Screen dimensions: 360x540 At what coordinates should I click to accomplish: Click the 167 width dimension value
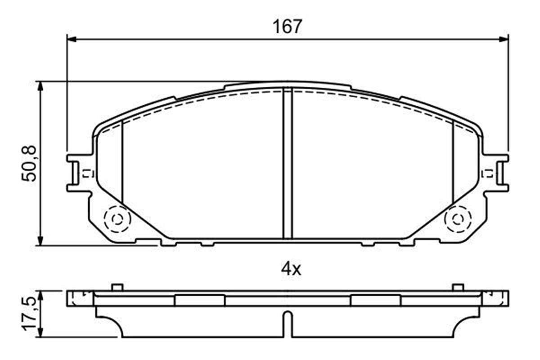(287, 27)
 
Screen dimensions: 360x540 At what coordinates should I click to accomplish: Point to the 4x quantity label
(290, 270)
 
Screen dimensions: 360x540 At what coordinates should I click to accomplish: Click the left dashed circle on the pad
(117, 219)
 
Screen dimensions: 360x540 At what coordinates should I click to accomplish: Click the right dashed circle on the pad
(458, 219)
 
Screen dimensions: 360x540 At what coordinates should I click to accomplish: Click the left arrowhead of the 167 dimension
(72, 39)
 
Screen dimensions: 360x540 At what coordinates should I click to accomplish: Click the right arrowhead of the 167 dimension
(504, 39)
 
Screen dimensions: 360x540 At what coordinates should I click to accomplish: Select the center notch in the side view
(288, 324)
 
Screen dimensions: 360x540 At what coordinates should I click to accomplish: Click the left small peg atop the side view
(117, 287)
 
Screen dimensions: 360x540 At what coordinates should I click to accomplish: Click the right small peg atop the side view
(458, 287)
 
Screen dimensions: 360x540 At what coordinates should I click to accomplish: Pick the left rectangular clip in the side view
(199, 301)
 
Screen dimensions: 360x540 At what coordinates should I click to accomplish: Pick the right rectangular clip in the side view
(375, 301)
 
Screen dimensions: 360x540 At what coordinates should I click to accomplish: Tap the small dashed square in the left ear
(86, 173)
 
